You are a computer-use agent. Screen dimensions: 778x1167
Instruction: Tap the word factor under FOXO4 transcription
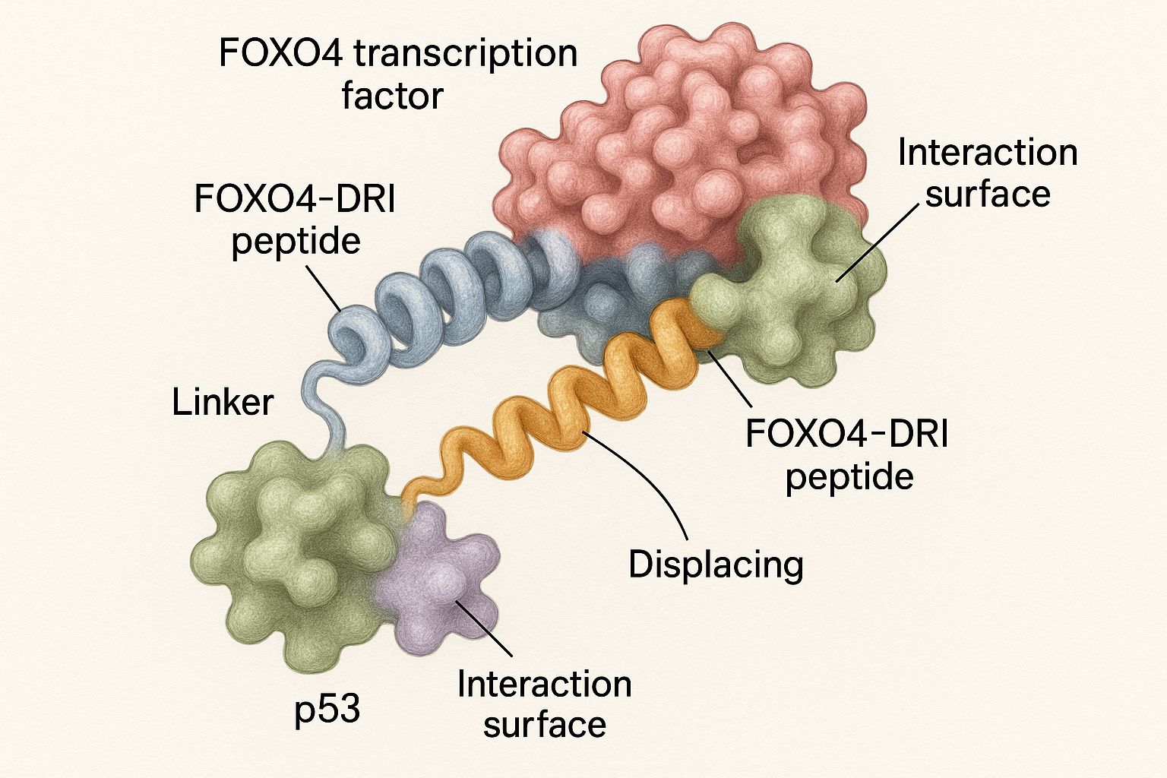click(392, 97)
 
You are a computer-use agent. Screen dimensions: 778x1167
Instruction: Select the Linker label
click(223, 402)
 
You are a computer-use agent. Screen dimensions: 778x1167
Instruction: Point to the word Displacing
click(716, 565)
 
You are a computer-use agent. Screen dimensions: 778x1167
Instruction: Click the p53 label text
click(327, 709)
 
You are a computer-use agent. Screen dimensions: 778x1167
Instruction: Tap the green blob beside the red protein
click(790, 296)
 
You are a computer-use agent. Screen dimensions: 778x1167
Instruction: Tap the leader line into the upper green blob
click(874, 243)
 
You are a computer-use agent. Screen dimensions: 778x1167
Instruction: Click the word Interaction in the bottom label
click(544, 685)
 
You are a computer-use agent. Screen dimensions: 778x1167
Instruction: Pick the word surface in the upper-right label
click(988, 194)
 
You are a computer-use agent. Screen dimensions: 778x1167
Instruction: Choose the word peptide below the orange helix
click(849, 477)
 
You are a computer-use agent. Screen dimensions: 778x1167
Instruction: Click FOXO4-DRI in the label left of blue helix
click(295, 200)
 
